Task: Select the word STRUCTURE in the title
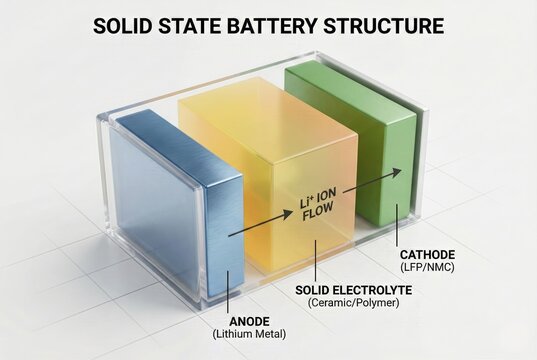click(390, 26)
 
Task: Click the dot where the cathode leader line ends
click(398, 209)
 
